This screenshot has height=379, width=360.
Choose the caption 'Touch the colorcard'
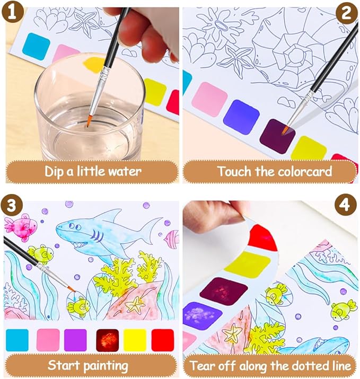(x=270, y=171)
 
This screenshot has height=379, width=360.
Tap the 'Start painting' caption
(x=88, y=365)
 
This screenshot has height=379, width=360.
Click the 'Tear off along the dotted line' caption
(x=270, y=365)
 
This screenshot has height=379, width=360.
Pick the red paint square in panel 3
(x=162, y=340)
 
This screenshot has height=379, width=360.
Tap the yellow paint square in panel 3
(x=135, y=340)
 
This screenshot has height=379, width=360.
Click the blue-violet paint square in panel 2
(x=241, y=116)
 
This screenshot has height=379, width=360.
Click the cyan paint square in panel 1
(x=36, y=46)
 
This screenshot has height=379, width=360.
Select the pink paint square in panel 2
(x=209, y=99)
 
